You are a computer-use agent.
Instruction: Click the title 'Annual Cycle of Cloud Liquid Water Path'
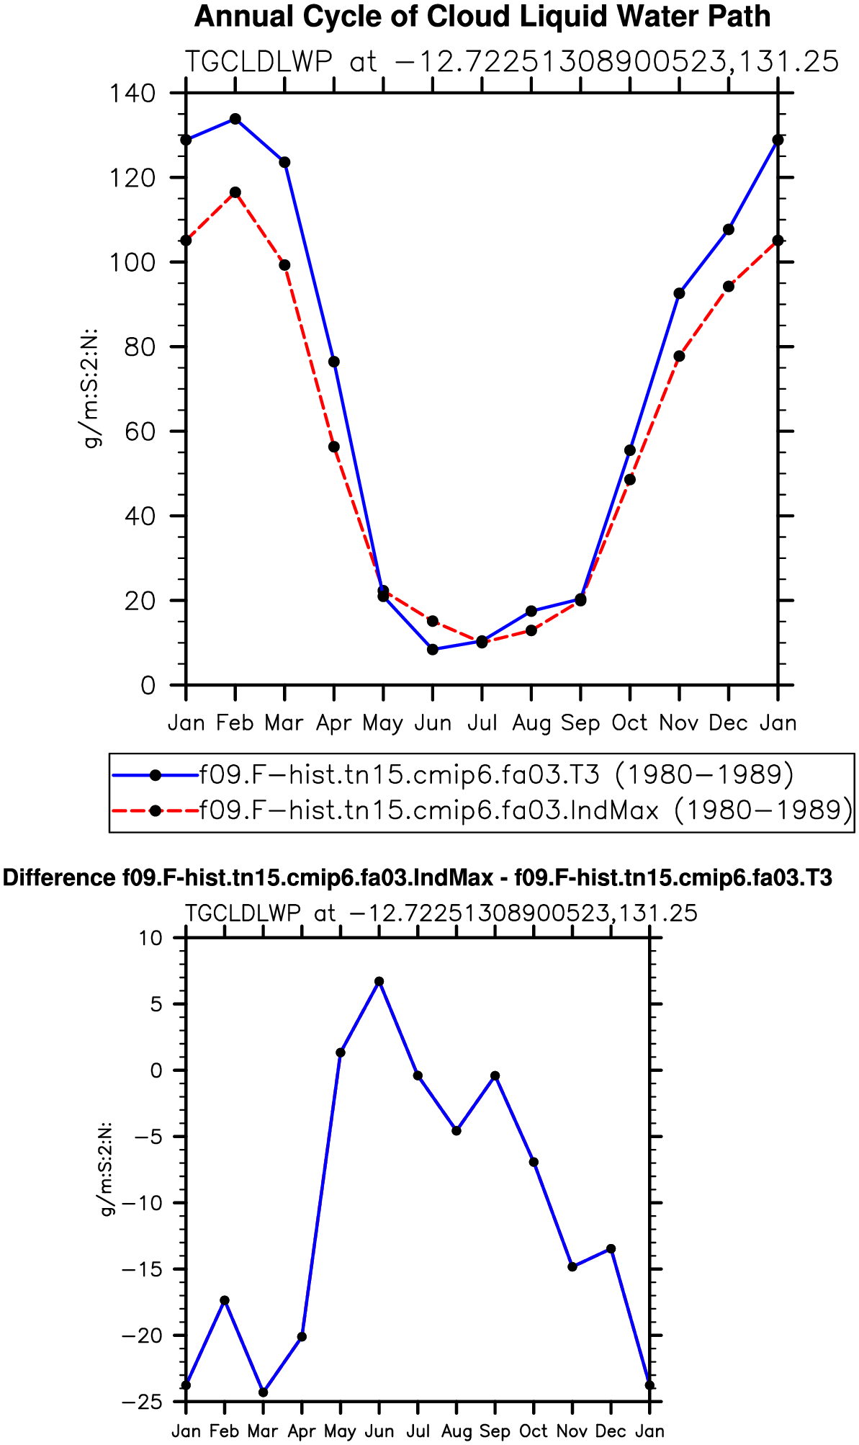[482, 17]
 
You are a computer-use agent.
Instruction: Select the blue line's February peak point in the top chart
[235, 119]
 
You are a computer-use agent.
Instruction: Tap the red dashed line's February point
[235, 192]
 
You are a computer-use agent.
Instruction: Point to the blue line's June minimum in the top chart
[433, 649]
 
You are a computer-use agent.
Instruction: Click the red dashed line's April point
[334, 447]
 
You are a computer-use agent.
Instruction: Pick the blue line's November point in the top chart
[679, 293]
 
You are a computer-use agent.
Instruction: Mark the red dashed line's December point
[729, 286]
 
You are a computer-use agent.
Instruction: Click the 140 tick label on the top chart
[131, 93]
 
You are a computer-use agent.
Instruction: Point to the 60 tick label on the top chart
[140, 431]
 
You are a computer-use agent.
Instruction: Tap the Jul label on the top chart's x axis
[482, 722]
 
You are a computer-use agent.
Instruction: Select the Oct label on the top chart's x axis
[630, 722]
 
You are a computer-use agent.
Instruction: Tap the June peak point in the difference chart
[379, 981]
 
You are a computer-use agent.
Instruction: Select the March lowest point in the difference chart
[264, 1392]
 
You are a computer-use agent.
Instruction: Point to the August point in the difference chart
[457, 1130]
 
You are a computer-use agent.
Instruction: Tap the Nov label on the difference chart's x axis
[572, 1431]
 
